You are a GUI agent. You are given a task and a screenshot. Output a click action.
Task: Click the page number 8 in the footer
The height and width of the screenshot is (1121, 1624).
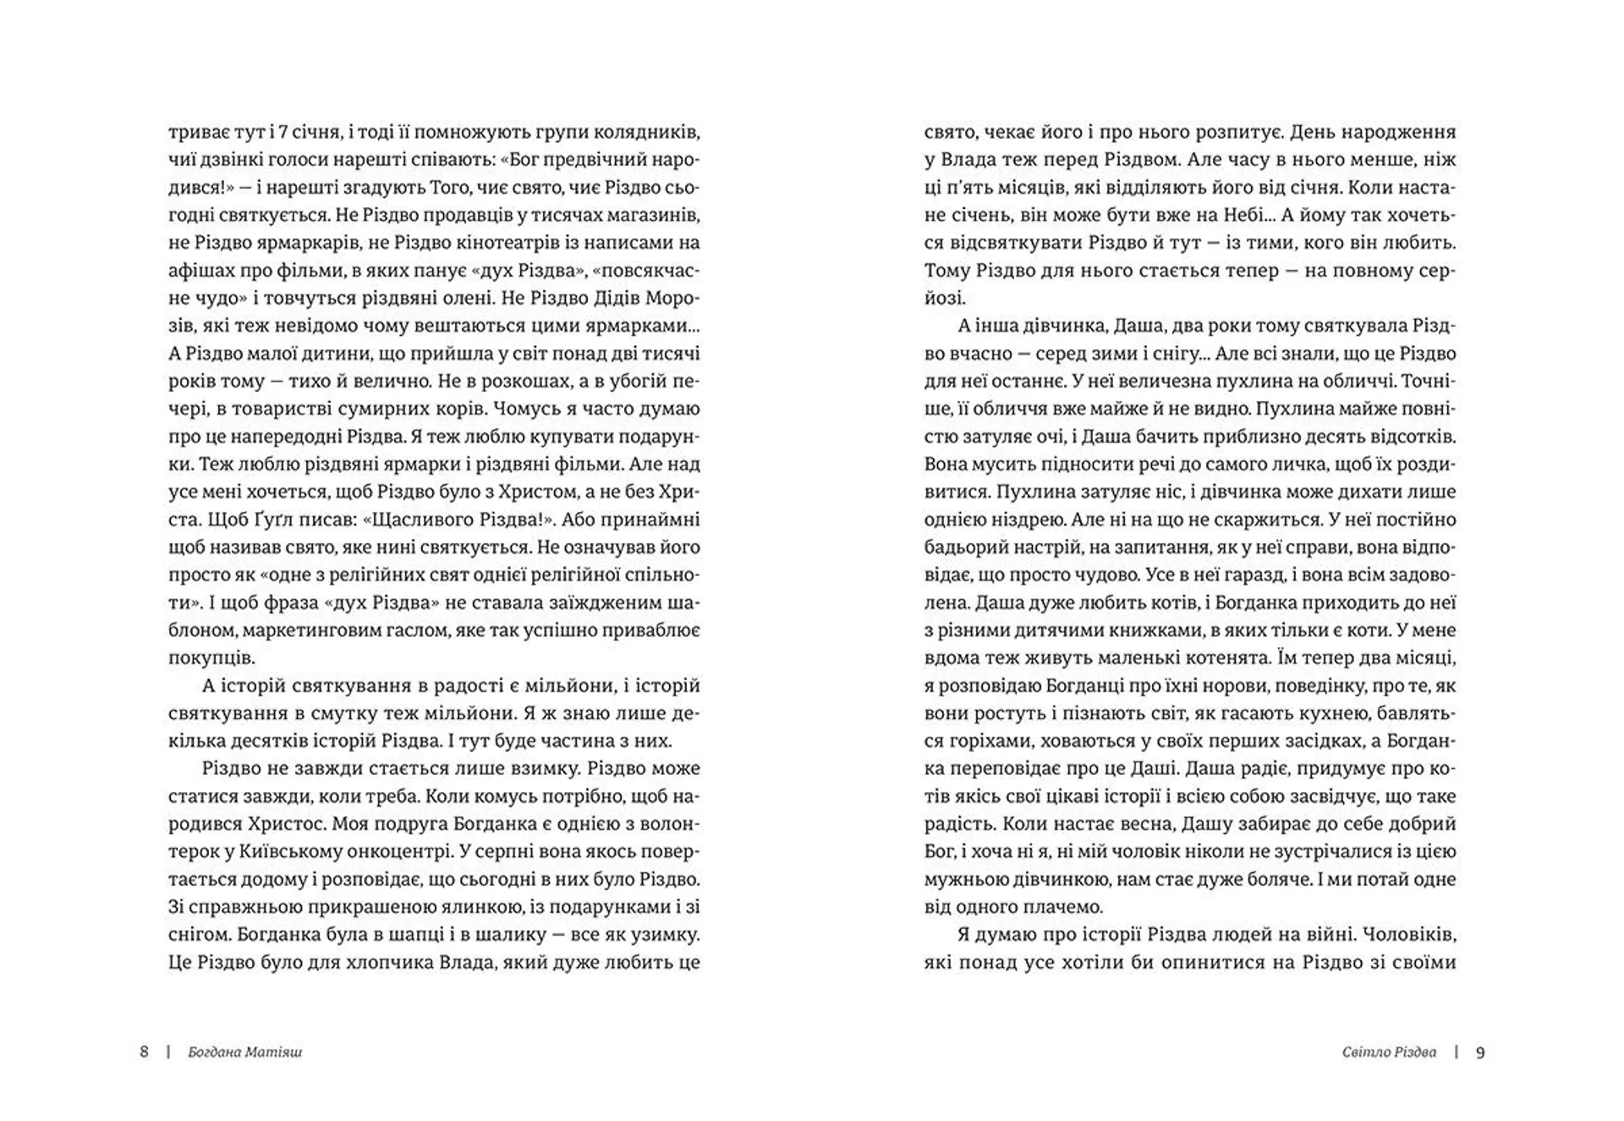tap(144, 1052)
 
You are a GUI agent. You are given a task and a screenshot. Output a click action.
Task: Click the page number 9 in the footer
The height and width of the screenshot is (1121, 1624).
tap(1480, 1052)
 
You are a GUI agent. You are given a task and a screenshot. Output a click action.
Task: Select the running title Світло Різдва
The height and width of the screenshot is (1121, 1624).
tap(1389, 1052)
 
